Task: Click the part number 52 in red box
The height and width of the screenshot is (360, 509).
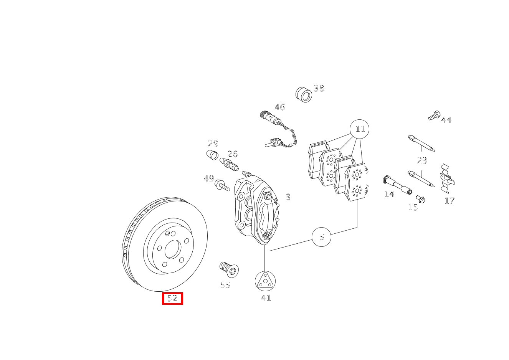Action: click(x=172, y=298)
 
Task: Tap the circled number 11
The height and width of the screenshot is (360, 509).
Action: click(x=360, y=129)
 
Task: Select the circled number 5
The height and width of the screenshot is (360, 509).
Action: click(x=322, y=237)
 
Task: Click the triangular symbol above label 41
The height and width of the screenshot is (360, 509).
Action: click(x=265, y=281)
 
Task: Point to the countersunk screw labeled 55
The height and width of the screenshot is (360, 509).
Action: click(x=229, y=269)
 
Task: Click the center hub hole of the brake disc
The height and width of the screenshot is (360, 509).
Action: click(x=173, y=249)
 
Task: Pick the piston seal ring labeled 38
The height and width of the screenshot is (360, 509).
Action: click(x=304, y=94)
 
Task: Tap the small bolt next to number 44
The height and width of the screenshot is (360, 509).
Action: click(x=434, y=115)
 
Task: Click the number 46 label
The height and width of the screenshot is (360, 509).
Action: click(x=279, y=107)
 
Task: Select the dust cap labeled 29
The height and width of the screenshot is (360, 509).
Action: click(x=212, y=155)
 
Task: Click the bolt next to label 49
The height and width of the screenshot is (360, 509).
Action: click(x=222, y=186)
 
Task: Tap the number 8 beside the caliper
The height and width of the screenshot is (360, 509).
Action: click(x=288, y=197)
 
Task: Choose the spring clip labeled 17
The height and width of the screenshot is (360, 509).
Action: click(x=446, y=178)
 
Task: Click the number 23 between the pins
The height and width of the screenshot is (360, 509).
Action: click(x=422, y=160)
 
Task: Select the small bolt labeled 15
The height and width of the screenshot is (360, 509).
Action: click(x=420, y=199)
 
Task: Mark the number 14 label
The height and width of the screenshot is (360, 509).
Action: click(x=389, y=194)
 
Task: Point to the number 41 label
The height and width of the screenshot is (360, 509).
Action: click(x=266, y=298)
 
